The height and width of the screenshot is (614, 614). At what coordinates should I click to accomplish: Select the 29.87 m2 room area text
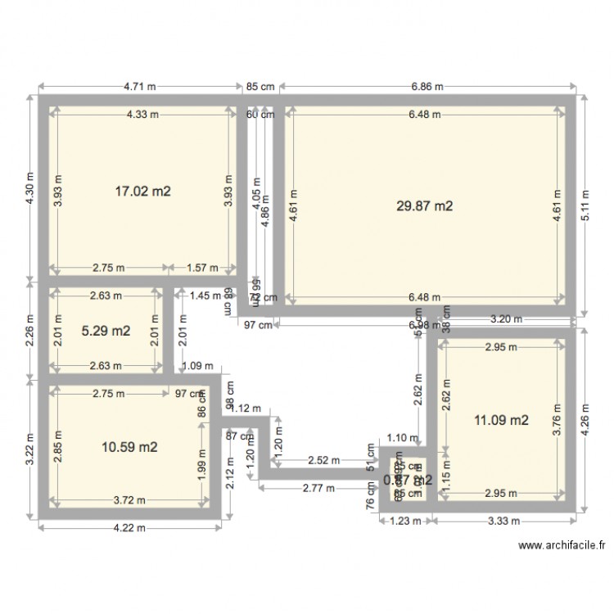click(424, 207)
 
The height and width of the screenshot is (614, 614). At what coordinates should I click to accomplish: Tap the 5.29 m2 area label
click(106, 332)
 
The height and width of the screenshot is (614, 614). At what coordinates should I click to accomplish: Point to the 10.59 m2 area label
click(129, 447)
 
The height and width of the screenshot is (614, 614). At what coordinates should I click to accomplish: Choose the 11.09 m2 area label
click(502, 421)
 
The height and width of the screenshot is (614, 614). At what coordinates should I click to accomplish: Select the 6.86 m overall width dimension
click(426, 86)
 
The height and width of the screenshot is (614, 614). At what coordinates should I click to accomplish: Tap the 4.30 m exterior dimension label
click(30, 190)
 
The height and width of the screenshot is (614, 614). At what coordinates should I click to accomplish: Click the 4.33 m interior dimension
click(142, 115)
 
